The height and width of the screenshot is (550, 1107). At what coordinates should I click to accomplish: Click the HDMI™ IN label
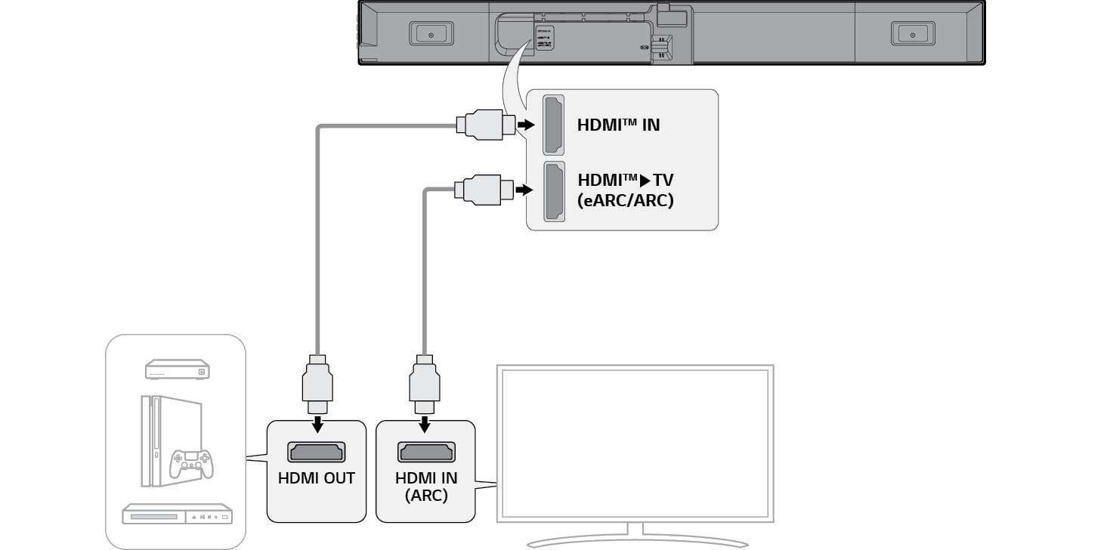pos(618,125)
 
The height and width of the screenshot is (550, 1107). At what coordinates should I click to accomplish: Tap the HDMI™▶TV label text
pos(625,181)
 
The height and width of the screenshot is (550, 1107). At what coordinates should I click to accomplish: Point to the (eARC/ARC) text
pos(625,202)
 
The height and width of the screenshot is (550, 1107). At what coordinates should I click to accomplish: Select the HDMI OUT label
pos(317,477)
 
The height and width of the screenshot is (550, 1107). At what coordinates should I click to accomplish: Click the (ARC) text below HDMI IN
pos(426,496)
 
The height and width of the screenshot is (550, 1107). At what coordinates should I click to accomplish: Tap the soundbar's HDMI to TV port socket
pos(554,192)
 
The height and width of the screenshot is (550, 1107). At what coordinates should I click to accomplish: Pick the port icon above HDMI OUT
pos(317,452)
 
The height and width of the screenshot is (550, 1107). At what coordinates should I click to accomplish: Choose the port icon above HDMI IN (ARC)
pos(426,452)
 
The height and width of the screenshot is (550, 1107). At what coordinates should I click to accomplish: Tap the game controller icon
pos(190,463)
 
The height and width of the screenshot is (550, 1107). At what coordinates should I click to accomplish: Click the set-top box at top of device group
pos(178,369)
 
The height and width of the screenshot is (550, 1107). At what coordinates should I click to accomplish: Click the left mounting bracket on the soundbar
pos(431,34)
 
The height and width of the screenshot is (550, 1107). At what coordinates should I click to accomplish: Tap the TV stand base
pos(637,541)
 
